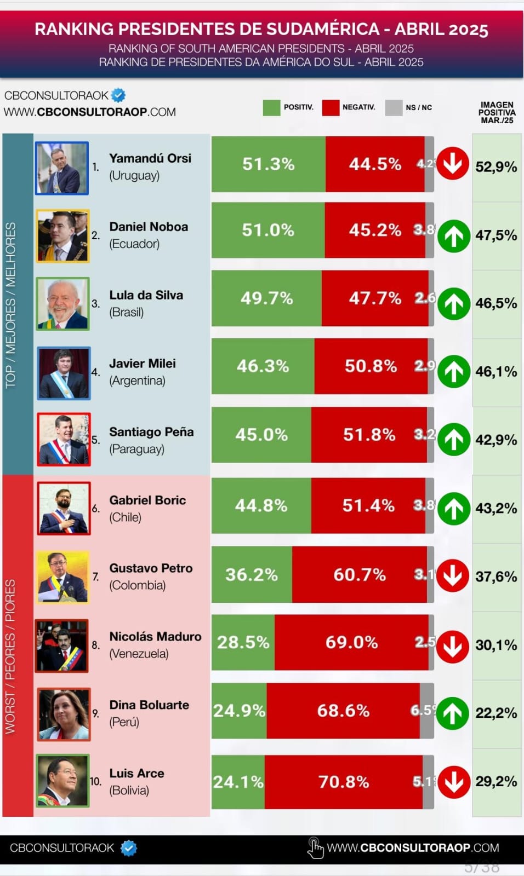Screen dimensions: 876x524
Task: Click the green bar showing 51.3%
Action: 268,164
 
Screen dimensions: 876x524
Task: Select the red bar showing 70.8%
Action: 344,782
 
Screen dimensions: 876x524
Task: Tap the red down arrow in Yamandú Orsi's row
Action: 453,163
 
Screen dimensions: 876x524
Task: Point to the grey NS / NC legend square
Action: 394,107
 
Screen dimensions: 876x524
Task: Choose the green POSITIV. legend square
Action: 271,107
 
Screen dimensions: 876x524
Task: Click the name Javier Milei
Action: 143,364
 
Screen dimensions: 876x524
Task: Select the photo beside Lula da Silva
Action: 62,304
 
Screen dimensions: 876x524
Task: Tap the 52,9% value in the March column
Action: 496,166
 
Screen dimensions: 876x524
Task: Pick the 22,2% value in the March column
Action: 496,713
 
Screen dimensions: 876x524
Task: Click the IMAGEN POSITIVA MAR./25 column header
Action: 497,112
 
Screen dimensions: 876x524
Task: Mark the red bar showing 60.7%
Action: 360,575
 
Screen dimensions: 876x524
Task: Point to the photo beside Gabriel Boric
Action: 64,509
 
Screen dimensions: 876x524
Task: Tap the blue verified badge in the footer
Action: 128,848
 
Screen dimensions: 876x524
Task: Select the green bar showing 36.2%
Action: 252,575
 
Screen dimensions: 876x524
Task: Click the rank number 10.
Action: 95,781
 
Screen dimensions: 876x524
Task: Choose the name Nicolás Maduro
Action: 155,637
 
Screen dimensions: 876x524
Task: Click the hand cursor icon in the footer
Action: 315,849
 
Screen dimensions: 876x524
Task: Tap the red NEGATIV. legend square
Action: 331,107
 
